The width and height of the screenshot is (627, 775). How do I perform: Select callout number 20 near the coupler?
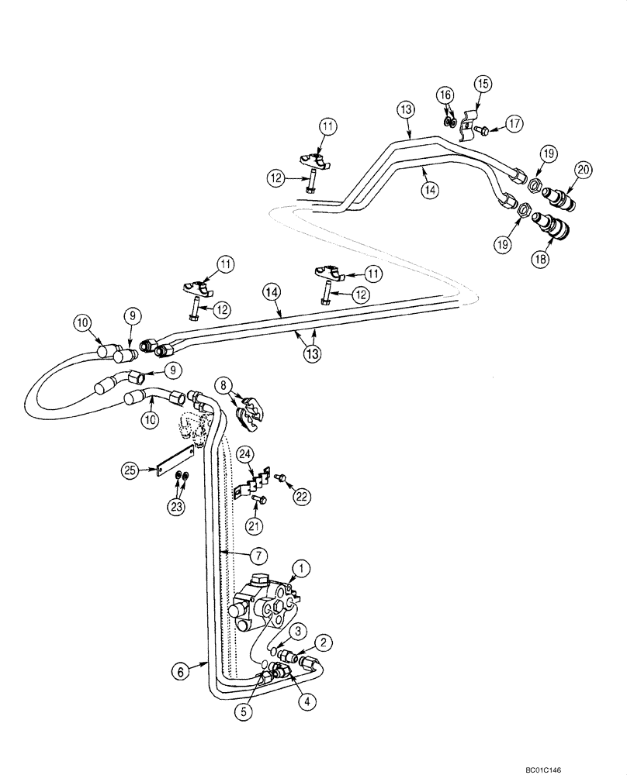(583, 169)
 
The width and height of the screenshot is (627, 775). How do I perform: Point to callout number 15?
(483, 83)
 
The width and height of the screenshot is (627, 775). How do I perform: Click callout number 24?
(244, 453)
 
